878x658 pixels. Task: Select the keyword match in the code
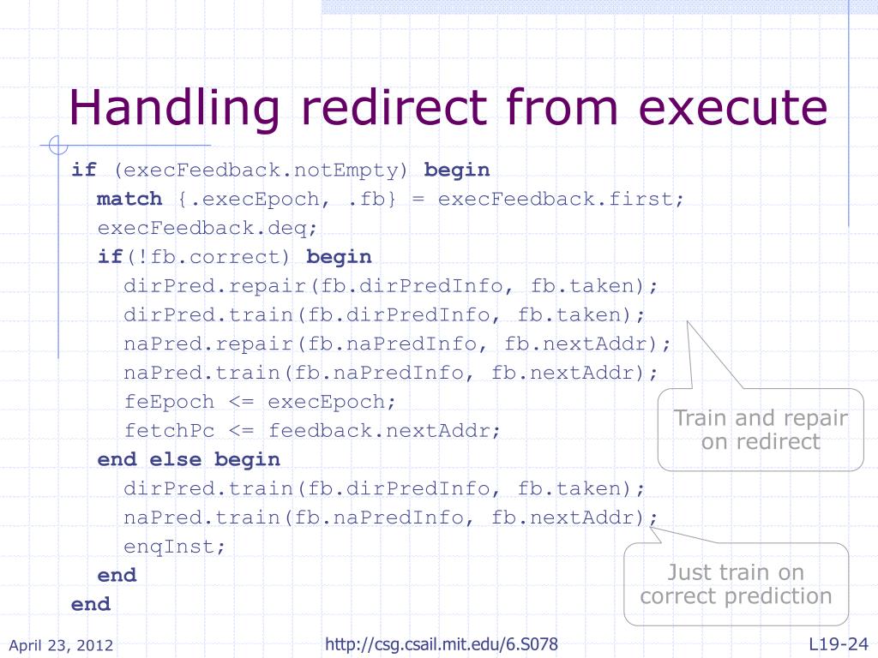click(129, 199)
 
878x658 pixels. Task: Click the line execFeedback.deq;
click(195, 228)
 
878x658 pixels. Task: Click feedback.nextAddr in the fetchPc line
click(384, 430)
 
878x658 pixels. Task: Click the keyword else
click(176, 459)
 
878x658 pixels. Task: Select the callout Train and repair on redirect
click(761, 430)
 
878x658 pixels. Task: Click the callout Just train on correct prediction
click(736, 584)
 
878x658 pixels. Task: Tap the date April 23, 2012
click(61, 645)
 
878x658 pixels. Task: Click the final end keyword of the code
click(91, 604)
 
